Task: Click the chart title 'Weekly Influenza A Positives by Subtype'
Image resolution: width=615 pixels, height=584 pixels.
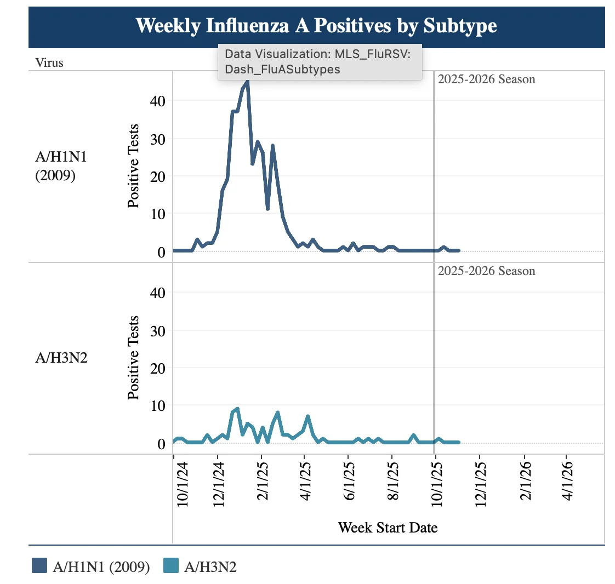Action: coord(316,26)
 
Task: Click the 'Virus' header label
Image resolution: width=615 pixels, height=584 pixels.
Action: coord(49,62)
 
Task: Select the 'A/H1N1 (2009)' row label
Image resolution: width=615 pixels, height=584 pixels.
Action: coord(61,166)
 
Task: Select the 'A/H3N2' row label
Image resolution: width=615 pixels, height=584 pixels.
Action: coord(61,357)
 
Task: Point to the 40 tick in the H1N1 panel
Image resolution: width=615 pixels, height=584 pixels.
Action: coord(158,101)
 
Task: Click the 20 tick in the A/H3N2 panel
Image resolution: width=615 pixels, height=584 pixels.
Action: coord(158,369)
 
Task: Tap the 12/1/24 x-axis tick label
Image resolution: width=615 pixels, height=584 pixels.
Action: coord(219,484)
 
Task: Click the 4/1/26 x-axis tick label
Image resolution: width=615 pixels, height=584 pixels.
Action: coord(567,481)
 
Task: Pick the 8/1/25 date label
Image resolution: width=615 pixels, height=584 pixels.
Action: coord(393,481)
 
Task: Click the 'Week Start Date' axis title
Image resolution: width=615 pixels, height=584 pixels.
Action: coord(388,528)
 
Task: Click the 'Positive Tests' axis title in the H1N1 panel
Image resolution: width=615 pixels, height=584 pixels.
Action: coord(133,166)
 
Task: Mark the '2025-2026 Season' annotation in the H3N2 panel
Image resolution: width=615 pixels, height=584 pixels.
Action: coord(486,271)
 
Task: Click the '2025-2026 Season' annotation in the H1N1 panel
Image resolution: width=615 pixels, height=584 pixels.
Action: coord(486,79)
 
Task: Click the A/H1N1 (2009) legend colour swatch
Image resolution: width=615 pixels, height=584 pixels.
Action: coord(39,565)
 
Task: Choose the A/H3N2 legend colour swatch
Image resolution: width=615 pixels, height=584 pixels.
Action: coord(171,565)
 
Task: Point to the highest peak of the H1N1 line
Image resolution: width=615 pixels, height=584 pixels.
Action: coord(248,81)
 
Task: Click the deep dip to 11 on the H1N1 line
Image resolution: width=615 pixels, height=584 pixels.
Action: coord(267,209)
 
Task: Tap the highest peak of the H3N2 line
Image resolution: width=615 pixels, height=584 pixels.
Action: coord(237,409)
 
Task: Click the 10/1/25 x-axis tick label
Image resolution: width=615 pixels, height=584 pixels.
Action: coord(436,484)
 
